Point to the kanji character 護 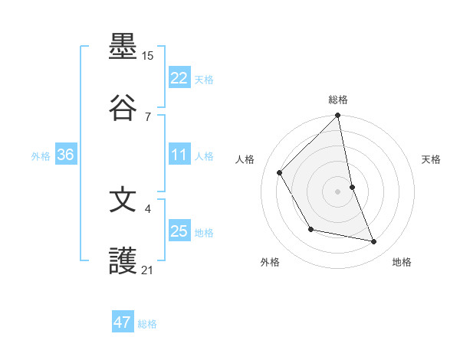tap(123, 261)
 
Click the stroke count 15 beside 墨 tap(148, 56)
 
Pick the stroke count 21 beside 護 tap(148, 270)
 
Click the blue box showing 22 tap(179, 78)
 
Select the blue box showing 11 tap(179, 155)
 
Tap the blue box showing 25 tap(179, 231)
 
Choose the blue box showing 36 tap(66, 155)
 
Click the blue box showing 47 tap(123, 322)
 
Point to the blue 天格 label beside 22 tap(204, 80)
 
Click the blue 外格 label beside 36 tap(41, 156)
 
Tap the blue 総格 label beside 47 tap(147, 324)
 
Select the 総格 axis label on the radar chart tap(338, 100)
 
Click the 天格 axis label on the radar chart tap(432, 159)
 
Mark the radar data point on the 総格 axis tap(338, 116)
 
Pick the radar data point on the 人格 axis tap(280, 173)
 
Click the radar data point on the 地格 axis tap(374, 242)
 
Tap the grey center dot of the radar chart tap(338, 191)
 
